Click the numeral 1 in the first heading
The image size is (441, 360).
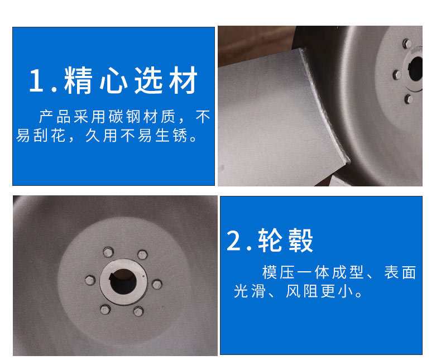click(36, 80)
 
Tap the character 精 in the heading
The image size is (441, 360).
click(78, 80)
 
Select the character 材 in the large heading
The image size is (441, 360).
click(183, 80)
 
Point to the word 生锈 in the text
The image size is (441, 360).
click(171, 136)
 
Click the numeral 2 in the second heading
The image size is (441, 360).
click(233, 241)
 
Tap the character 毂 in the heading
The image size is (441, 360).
click(299, 241)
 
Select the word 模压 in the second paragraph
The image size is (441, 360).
click(278, 272)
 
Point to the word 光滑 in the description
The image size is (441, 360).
click(250, 291)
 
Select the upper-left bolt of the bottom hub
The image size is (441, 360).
click(108, 252)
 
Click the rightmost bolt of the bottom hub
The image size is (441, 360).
click(157, 284)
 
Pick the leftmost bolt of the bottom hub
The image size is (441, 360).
click(90, 280)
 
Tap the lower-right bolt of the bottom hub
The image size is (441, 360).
click(138, 311)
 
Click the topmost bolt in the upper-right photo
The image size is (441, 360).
click(407, 44)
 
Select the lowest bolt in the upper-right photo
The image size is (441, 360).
click(409, 99)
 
